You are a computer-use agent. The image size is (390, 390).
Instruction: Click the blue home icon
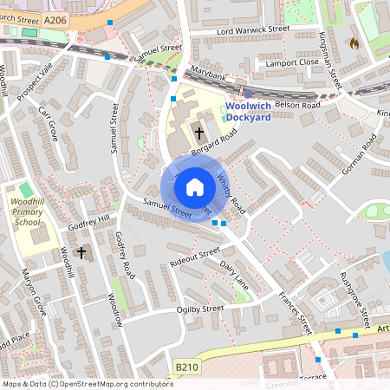coord(195,187)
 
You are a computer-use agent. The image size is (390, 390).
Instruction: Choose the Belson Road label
coord(297,104)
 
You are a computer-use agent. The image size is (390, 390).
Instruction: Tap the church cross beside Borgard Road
coord(199,133)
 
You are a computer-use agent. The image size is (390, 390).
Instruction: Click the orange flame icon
coord(354,42)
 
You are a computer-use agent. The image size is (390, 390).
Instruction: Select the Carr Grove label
coord(47,125)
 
